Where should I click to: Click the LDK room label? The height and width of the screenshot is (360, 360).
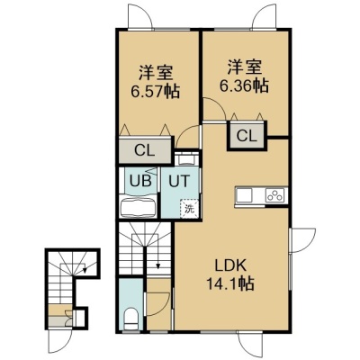(230, 265)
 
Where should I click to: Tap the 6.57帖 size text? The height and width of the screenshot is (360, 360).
(155, 91)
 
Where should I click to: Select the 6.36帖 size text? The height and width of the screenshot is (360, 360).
(244, 86)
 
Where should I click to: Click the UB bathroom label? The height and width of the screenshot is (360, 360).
(140, 181)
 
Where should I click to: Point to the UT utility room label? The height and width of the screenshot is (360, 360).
(179, 181)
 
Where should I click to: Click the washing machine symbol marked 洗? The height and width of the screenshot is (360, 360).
(189, 208)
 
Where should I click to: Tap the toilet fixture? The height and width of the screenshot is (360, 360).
(130, 319)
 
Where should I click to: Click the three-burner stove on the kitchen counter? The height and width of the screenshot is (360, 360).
(275, 195)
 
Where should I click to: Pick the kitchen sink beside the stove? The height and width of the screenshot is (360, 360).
(244, 196)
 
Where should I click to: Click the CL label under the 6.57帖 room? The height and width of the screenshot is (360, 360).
(144, 150)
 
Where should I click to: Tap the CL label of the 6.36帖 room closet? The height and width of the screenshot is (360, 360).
(247, 136)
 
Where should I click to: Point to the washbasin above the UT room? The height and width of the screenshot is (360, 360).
(186, 159)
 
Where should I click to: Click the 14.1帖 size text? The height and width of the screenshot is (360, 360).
(230, 283)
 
